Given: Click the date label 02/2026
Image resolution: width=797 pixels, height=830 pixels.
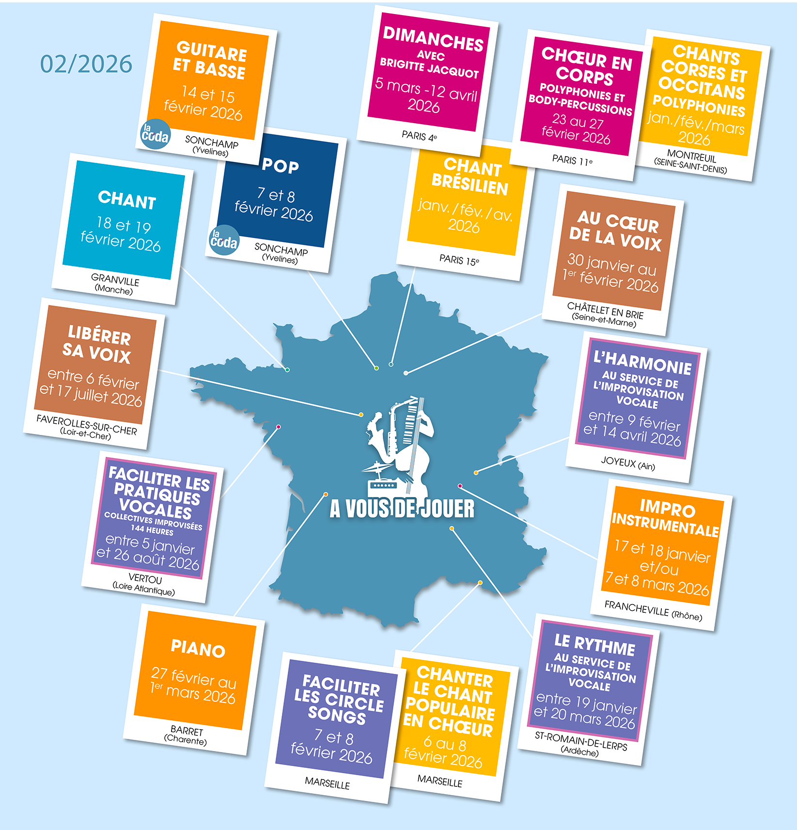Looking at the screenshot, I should [86, 64].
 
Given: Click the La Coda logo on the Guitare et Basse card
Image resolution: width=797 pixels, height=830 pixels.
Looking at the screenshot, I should [155, 134].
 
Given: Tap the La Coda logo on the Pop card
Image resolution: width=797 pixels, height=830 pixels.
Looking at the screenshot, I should [224, 239].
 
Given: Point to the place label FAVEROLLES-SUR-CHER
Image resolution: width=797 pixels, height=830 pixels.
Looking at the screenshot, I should [87, 424].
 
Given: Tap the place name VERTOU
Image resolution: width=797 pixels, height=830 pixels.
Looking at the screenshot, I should [145, 579].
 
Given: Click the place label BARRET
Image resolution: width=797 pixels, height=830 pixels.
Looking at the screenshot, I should [187, 731].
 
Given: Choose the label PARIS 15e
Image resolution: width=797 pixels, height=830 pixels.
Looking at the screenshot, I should [459, 260].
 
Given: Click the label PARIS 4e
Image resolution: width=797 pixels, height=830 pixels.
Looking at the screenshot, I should [419, 136].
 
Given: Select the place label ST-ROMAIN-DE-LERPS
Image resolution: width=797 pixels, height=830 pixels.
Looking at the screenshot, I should [581, 741].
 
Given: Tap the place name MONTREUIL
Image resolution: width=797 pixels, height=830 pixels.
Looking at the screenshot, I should [691, 156].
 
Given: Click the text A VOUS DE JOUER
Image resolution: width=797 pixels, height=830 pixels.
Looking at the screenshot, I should [402, 509].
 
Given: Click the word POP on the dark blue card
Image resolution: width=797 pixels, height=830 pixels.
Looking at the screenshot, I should [281, 166].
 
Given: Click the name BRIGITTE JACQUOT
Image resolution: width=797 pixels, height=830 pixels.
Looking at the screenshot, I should [429, 68].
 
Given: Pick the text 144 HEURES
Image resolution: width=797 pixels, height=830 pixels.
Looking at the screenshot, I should [152, 530].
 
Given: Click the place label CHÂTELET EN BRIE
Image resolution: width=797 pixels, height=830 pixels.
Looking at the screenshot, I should [605, 310].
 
